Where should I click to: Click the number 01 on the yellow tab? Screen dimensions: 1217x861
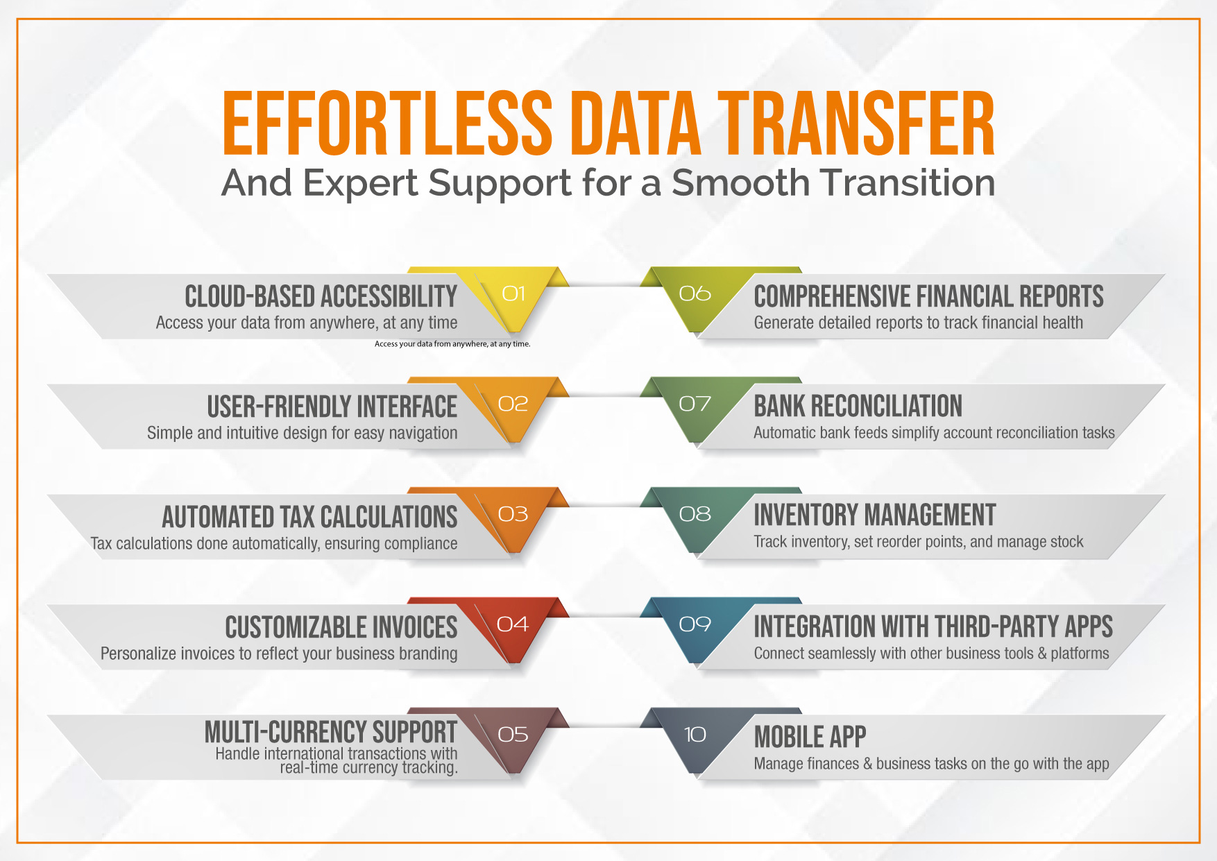click(x=513, y=293)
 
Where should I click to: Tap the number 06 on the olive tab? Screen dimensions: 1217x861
click(x=695, y=293)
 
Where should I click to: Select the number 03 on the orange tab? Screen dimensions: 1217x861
click(x=513, y=514)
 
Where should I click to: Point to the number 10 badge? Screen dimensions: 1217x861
click(x=695, y=734)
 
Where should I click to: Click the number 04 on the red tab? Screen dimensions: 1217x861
click(x=513, y=624)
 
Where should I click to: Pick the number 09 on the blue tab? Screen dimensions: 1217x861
click(x=695, y=624)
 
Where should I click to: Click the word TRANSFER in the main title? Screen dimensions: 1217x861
click(x=856, y=123)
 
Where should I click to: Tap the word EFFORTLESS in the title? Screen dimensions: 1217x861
click(x=387, y=123)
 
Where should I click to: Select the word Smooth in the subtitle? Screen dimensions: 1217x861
click(x=741, y=183)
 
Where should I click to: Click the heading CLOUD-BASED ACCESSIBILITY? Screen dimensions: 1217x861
click(x=321, y=296)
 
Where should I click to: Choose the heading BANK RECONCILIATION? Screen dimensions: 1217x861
click(x=858, y=406)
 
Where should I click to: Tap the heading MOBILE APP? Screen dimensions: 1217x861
click(x=810, y=737)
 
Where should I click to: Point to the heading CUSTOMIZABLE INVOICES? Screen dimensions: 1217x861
click(x=341, y=627)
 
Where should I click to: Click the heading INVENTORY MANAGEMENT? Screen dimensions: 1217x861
click(x=875, y=515)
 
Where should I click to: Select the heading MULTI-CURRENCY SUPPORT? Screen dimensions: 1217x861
click(x=331, y=732)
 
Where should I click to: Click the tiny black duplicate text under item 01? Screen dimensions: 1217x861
click(x=452, y=344)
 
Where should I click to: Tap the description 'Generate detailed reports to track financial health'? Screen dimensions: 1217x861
click(x=919, y=323)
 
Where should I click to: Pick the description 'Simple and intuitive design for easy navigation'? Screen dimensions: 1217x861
click(x=303, y=433)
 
